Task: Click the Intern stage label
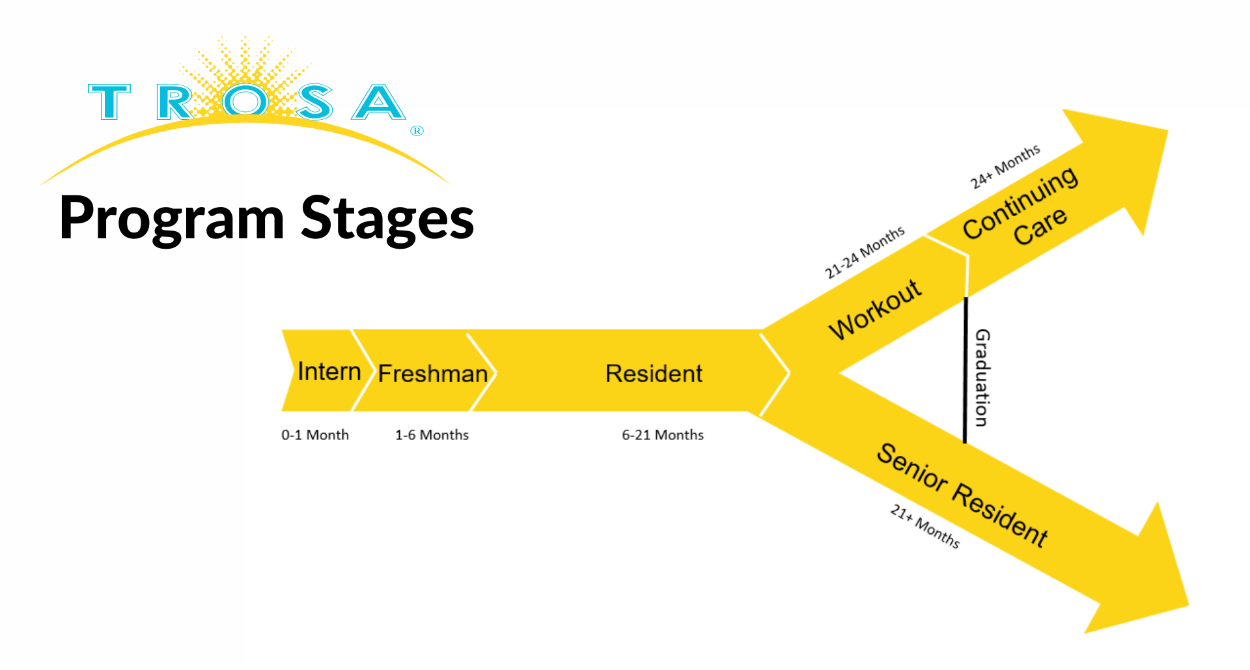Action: (x=329, y=372)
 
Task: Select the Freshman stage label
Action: (x=432, y=374)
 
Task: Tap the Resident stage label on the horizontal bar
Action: (x=654, y=374)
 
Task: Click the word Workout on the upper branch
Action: (x=875, y=309)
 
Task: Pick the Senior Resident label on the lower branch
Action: (x=962, y=495)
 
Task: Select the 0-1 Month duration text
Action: (x=315, y=435)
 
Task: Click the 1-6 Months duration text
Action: (x=432, y=435)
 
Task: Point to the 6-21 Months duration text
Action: (x=663, y=435)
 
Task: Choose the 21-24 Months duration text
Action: (x=865, y=252)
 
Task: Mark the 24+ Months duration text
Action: (x=1005, y=167)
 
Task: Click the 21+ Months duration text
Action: (x=924, y=526)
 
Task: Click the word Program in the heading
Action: (x=172, y=219)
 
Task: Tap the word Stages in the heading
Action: (x=387, y=219)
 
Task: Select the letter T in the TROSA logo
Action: (x=109, y=102)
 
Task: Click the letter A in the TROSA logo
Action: (x=378, y=102)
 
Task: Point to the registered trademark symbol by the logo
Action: (x=417, y=131)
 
